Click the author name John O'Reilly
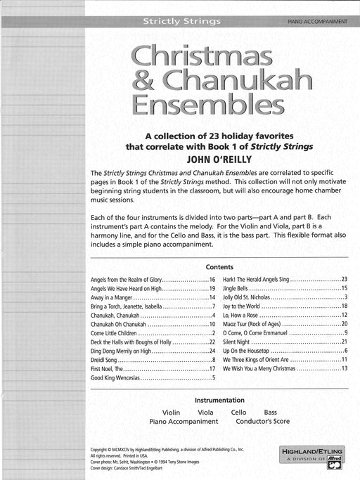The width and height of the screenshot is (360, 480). [220, 158]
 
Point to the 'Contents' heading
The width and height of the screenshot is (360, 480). [220, 267]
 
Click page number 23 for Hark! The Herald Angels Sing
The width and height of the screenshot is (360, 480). [345, 280]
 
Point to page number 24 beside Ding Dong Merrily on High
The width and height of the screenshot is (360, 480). [212, 350]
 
